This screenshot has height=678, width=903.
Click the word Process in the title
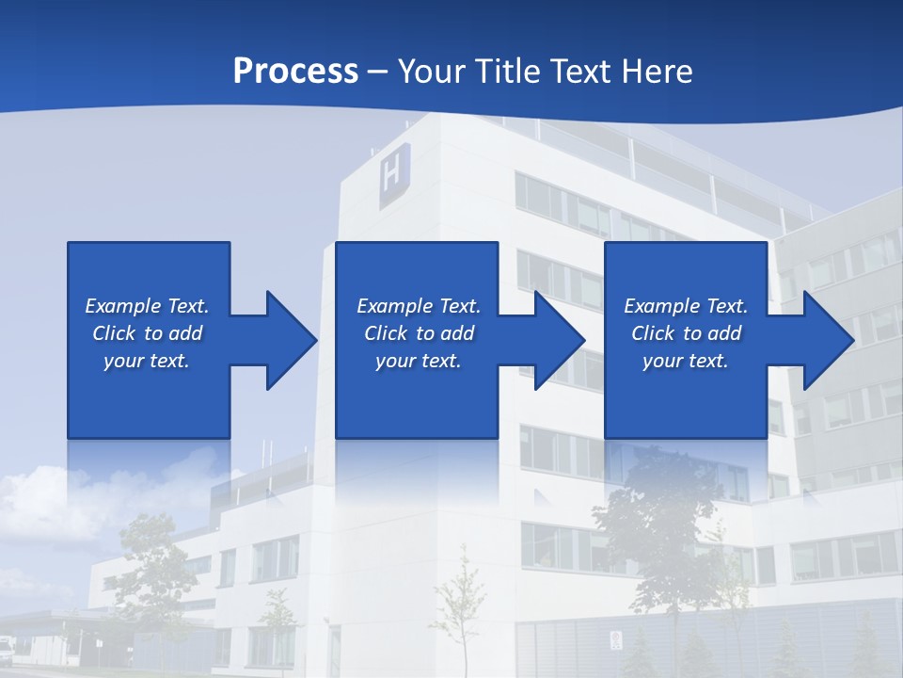(295, 72)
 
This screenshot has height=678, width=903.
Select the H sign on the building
(394, 174)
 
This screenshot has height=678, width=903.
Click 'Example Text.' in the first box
(147, 306)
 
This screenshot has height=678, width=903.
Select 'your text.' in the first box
(147, 361)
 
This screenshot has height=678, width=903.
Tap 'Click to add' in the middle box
(419, 333)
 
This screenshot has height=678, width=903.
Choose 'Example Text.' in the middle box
(419, 306)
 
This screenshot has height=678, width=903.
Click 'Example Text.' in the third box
(686, 306)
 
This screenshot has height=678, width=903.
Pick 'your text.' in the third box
(686, 361)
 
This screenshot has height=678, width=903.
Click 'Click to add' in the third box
(686, 333)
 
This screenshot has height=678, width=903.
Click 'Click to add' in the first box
(147, 333)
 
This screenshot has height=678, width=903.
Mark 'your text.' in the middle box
(419, 361)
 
